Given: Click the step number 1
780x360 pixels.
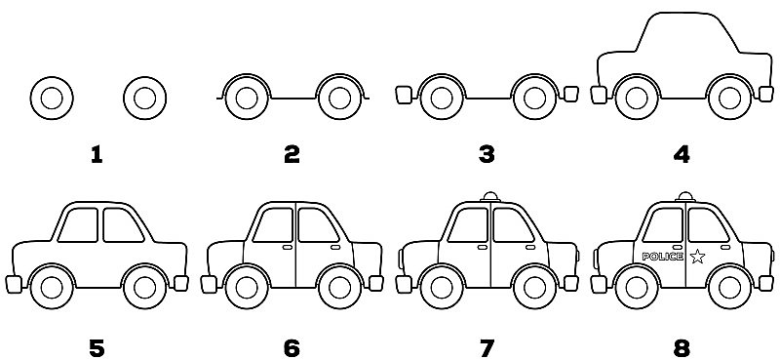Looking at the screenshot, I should pyautogui.click(x=96, y=153).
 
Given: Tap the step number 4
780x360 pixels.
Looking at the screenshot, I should pyautogui.click(x=681, y=153).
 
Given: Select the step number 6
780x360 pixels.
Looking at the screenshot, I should pyautogui.click(x=291, y=346).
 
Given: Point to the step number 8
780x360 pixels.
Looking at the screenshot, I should pyautogui.click(x=681, y=346).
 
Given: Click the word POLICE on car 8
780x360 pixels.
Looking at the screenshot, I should pyautogui.click(x=663, y=257).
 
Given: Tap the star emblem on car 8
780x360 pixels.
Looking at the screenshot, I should pyautogui.click(x=697, y=257).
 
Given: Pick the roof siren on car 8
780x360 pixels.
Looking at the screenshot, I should pyautogui.click(x=685, y=196).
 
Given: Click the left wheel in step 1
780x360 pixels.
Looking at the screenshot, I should pyautogui.click(x=52, y=98).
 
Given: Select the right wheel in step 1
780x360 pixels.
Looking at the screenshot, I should pyautogui.click(x=144, y=98).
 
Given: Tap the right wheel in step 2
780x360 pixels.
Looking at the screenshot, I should pyautogui.click(x=339, y=97).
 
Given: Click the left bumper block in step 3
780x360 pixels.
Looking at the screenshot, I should pyautogui.click(x=402, y=94).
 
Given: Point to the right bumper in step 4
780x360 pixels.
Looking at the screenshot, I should pyautogui.click(x=766, y=94).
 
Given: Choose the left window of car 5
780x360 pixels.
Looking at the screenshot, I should pyautogui.click(x=80, y=225).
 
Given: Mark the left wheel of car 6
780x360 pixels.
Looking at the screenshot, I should pyautogui.click(x=246, y=287).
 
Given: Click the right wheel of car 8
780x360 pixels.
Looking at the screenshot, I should pyautogui.click(x=728, y=287).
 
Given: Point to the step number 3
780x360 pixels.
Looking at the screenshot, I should pyautogui.click(x=486, y=153).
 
